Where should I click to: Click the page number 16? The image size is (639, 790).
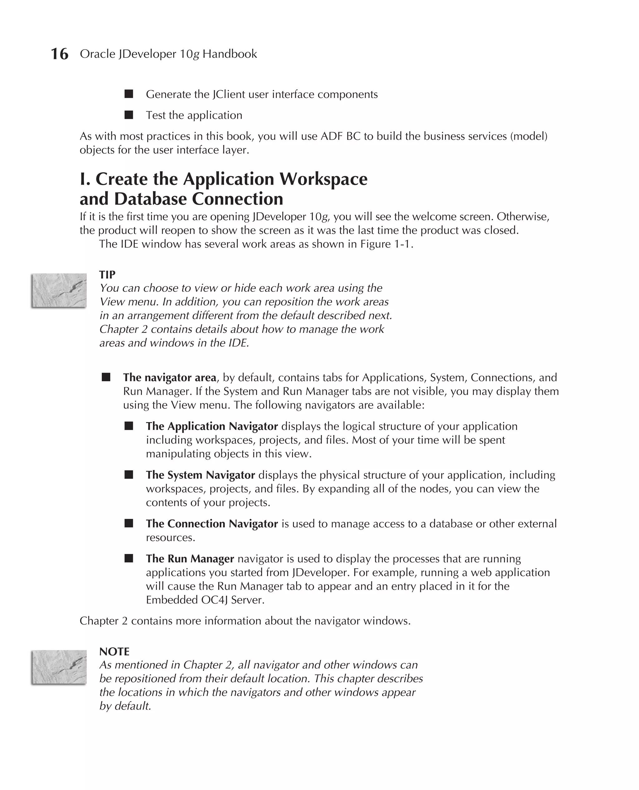59,54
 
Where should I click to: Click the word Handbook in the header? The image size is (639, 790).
229,54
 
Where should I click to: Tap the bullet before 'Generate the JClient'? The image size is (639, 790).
129,94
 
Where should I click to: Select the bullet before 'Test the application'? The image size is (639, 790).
129,115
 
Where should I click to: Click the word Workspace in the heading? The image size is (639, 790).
323,179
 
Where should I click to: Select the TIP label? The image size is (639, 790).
107,275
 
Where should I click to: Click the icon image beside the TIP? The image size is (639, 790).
59,290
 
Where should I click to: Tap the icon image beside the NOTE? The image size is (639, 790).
59,667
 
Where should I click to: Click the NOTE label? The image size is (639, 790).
114,652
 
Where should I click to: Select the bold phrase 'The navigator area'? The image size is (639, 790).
170,378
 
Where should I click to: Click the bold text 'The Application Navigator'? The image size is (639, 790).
212,426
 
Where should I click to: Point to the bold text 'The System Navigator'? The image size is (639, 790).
200,475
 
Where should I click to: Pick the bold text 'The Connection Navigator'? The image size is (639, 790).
212,524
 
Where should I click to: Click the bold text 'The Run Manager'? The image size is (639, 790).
190,559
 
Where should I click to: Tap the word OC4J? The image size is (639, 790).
214,600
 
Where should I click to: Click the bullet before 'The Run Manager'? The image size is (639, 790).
129,559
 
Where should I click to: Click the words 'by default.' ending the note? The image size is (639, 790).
125,706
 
